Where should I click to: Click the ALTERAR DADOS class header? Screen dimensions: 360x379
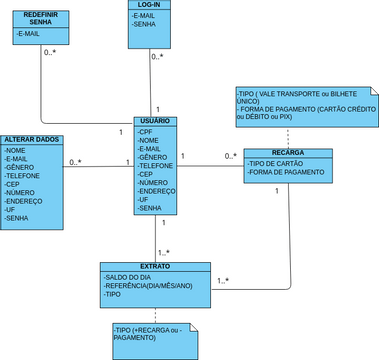point(33,138)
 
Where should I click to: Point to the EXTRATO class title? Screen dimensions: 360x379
point(154,267)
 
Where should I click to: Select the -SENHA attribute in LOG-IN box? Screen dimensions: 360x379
point(144,26)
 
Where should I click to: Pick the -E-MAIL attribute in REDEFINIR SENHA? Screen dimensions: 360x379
point(31,34)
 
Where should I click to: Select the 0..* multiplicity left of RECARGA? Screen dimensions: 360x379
point(231,156)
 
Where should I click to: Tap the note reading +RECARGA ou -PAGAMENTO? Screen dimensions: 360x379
point(150,334)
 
